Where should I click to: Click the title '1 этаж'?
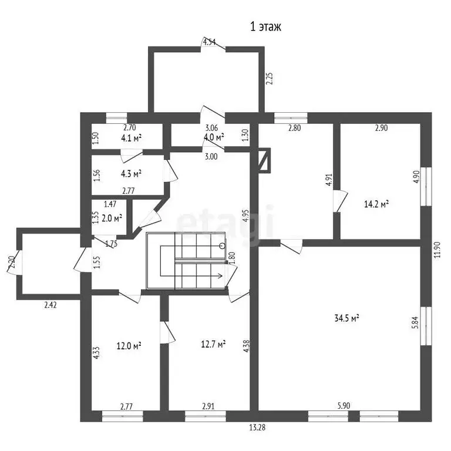point(266,27)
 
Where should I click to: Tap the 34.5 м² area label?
point(347,318)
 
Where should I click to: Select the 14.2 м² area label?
point(376,204)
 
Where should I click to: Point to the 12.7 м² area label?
point(213,344)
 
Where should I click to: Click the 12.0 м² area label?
point(129,345)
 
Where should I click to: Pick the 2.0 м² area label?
point(112,218)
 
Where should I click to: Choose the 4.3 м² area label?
point(131,174)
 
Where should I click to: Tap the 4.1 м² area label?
point(131,138)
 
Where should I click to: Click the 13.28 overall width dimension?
point(257,428)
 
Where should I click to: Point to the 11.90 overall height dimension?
point(437,250)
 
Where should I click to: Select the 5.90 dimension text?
point(344,406)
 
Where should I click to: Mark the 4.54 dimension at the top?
point(210,42)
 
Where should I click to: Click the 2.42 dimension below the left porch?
point(51,305)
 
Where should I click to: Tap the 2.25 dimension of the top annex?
point(269,78)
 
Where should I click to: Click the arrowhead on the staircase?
point(220,276)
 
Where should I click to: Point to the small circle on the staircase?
point(222,245)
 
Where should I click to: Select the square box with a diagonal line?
point(264,160)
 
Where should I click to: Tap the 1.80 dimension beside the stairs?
point(232,258)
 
